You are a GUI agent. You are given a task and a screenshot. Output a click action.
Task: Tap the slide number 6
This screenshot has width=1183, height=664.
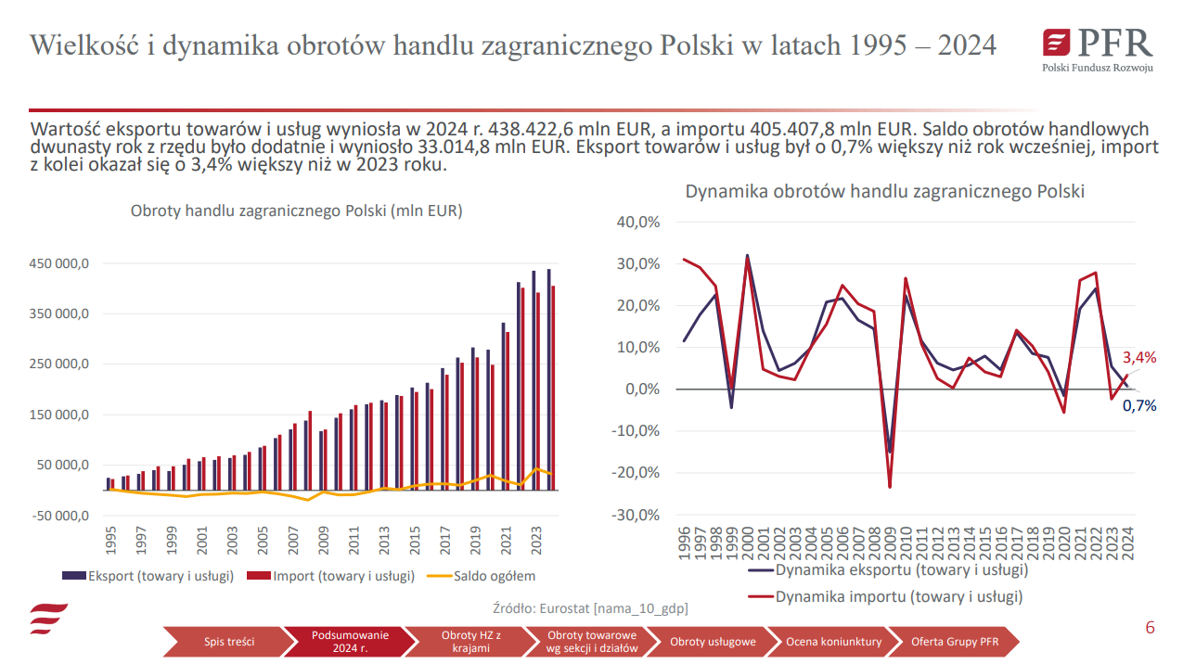click(x=1150, y=628)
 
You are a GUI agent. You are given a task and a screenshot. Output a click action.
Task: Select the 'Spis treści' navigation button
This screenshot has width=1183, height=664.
click(x=229, y=641)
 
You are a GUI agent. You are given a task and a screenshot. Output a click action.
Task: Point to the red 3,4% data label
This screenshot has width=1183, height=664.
click(x=1139, y=357)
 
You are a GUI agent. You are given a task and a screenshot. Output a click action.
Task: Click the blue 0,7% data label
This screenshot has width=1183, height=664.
click(x=1139, y=405)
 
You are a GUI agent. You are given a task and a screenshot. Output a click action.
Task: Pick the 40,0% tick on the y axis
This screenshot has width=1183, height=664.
click(x=637, y=223)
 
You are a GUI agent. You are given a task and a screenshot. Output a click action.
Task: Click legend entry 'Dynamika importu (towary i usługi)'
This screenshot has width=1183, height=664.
click(x=898, y=596)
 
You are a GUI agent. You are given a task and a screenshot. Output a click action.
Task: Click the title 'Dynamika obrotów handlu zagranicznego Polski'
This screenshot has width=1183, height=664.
click(x=884, y=192)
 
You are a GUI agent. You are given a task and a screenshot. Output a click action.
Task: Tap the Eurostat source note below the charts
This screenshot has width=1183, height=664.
click(x=590, y=608)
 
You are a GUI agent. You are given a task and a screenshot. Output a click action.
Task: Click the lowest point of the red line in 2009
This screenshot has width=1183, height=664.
click(x=890, y=487)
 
